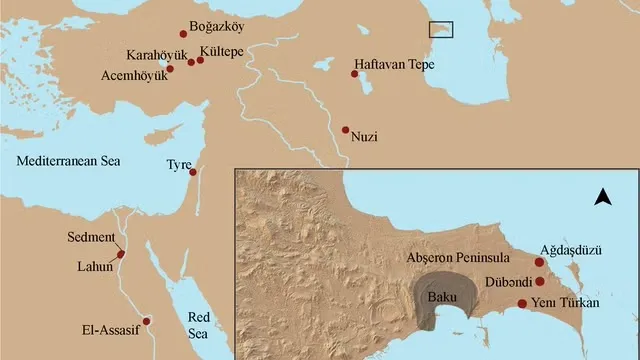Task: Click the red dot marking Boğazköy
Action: point(183,33)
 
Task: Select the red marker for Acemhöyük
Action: point(170,69)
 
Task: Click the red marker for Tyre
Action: point(193,171)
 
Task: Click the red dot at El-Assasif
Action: point(146,321)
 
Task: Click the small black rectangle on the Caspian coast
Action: point(441,29)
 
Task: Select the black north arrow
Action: point(602,197)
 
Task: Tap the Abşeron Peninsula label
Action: point(458,256)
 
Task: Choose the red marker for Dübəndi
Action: point(540,281)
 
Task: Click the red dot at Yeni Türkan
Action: point(522,304)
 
